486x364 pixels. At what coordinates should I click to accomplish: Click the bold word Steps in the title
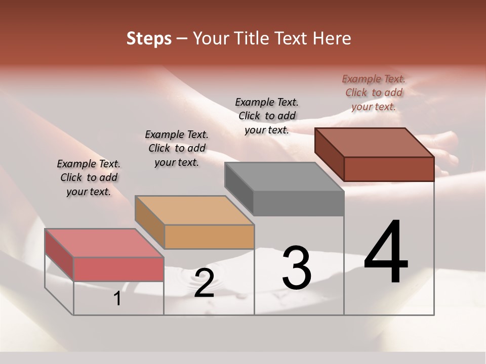(x=149, y=38)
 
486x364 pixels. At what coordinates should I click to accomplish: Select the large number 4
(x=386, y=253)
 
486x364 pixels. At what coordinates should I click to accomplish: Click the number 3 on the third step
(x=297, y=268)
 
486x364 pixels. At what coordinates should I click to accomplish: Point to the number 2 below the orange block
(x=204, y=284)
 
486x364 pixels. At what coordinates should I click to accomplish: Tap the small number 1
(x=117, y=299)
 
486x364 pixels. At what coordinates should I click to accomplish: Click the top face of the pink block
(x=104, y=243)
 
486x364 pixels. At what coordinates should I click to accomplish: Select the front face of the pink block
(x=118, y=269)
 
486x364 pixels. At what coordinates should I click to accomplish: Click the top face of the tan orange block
(x=194, y=210)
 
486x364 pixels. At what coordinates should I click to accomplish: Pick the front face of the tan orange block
(x=209, y=237)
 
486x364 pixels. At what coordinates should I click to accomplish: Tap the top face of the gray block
(x=283, y=177)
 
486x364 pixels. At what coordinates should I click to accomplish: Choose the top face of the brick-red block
(x=374, y=143)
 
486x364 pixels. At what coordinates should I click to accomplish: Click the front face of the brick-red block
(x=389, y=169)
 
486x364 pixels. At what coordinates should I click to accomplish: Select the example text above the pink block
(x=89, y=177)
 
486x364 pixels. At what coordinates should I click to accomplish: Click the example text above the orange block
(x=177, y=148)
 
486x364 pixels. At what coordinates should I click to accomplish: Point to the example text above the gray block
(x=267, y=116)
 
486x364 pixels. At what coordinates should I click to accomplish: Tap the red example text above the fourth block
(x=374, y=93)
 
